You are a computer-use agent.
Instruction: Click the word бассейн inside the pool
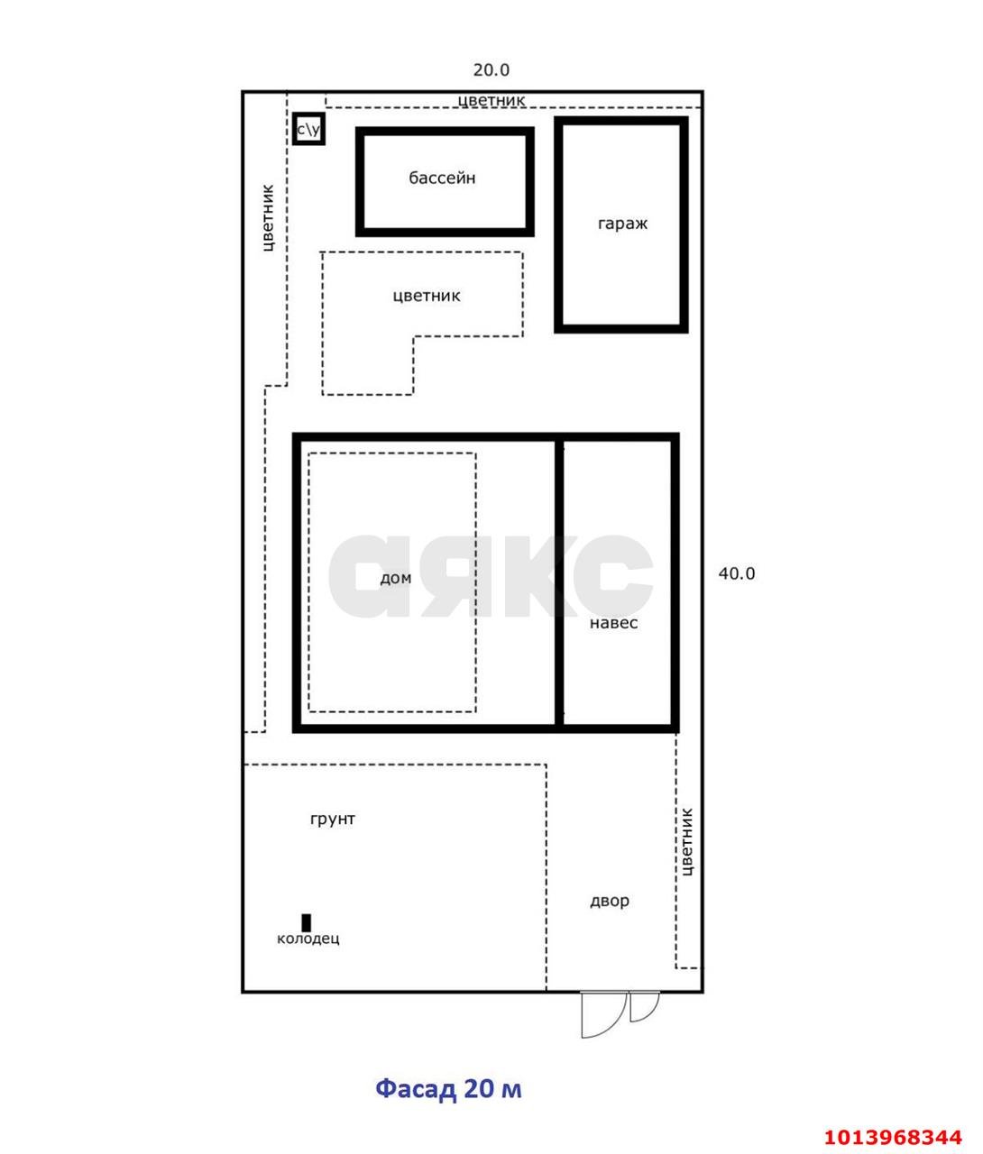coord(442,179)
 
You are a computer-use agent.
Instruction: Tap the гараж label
coord(622,224)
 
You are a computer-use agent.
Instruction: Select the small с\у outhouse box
coord(308,129)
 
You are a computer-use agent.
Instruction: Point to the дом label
coord(395,578)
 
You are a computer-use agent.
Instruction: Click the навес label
coord(613,623)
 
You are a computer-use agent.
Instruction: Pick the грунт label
coord(332,819)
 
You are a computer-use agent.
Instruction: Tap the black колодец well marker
coord(306,923)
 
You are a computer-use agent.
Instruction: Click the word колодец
coord(308,939)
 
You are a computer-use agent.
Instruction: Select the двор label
coord(610,901)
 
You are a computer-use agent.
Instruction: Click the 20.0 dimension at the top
coord(491,69)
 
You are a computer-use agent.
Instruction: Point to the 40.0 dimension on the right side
coord(736,573)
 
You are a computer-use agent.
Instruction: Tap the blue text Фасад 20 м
coord(448,1089)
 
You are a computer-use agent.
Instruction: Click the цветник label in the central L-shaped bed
coord(427,296)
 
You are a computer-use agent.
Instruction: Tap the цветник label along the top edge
coord(491,100)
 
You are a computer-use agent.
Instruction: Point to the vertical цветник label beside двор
coord(686,842)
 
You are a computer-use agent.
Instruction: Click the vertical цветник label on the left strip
coord(268,218)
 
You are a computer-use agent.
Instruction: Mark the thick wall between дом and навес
coord(559,583)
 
